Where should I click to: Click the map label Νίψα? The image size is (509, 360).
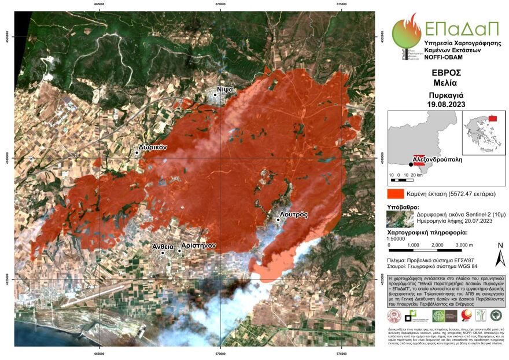(225, 89)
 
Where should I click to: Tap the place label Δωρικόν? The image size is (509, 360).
(153, 147)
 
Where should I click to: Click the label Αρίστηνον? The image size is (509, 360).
(198, 245)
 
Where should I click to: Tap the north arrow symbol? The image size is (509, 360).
(500, 255)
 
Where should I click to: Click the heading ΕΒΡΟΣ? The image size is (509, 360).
(446, 73)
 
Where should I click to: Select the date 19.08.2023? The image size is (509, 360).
(446, 104)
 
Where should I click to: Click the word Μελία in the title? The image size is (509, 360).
(446, 83)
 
